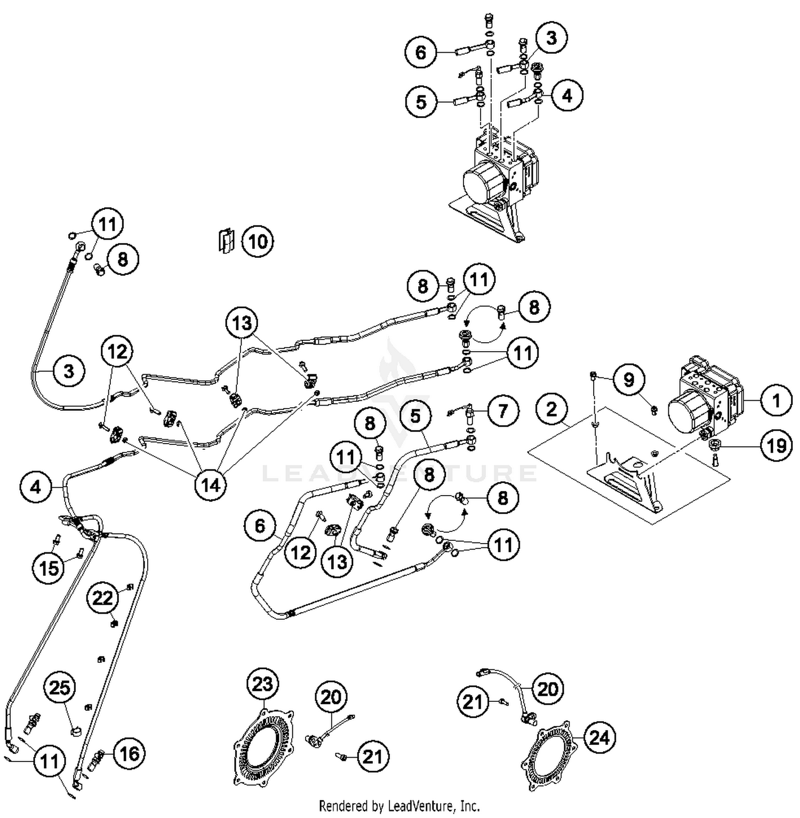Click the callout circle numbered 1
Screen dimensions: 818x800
point(775,400)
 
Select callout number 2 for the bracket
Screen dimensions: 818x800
point(551,409)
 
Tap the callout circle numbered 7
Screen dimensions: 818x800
point(502,411)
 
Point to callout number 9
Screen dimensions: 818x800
point(629,380)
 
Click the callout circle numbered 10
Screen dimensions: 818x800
point(258,241)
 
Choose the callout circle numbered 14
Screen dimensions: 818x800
point(211,485)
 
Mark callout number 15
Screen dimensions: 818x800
point(49,568)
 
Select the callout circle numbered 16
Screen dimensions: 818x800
point(129,754)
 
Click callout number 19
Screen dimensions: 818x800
point(775,444)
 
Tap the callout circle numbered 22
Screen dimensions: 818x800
point(103,598)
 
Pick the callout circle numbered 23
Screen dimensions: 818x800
point(262,684)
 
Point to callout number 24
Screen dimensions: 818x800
point(599,738)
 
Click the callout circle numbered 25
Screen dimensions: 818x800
point(60,688)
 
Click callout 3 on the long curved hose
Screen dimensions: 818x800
point(69,371)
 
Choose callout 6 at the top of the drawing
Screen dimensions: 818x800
point(421,53)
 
